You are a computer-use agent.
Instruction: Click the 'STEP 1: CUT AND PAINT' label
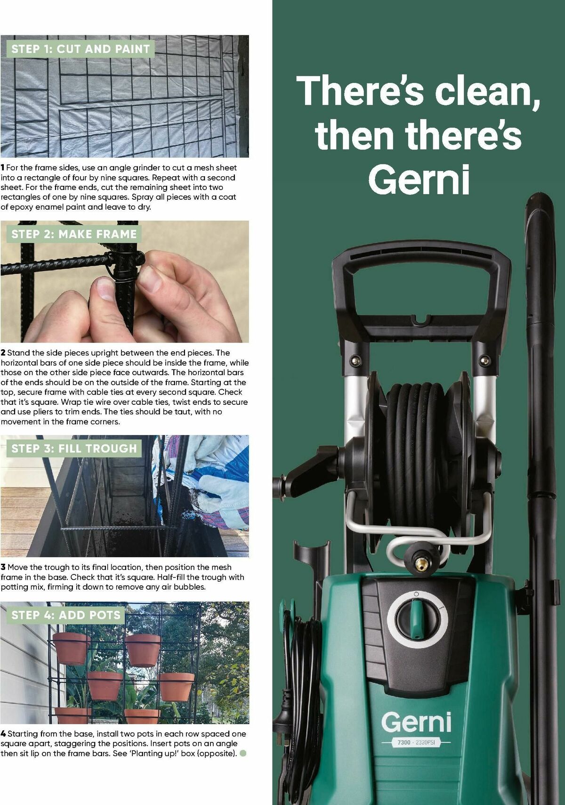[x=81, y=49]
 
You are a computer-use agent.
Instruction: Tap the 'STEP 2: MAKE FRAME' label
[x=74, y=234]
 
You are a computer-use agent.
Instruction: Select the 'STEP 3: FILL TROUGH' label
[x=74, y=448]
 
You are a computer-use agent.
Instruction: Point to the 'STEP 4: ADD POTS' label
[x=66, y=615]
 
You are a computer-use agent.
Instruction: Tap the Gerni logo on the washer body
[x=416, y=723]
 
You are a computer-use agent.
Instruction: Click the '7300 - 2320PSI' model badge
[x=416, y=742]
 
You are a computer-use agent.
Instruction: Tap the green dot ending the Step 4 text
[x=243, y=753]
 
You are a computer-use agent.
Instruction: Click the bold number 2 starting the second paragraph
[x=3, y=353]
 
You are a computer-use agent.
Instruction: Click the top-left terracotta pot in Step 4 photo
[x=71, y=648]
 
